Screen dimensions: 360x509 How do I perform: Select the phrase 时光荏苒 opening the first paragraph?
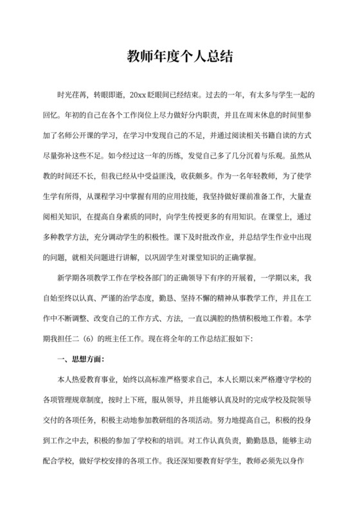click(73, 95)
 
